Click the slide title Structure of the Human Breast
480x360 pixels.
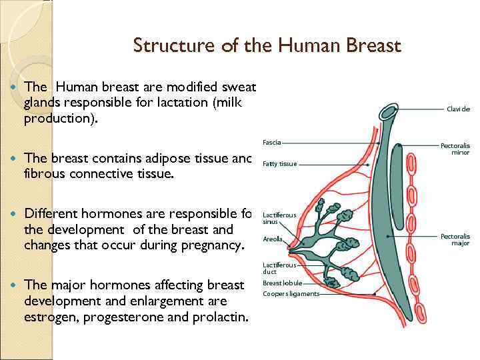267,46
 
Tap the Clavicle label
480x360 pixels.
458,109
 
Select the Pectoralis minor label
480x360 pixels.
455,149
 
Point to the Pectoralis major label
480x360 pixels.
455,239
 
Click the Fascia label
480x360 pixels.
271,142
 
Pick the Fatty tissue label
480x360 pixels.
279,164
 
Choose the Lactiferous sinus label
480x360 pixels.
279,218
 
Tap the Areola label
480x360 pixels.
273,239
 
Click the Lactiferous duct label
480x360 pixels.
279,268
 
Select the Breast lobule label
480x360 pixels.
282,283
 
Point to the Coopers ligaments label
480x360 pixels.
291,294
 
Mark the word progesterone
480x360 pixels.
126,316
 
